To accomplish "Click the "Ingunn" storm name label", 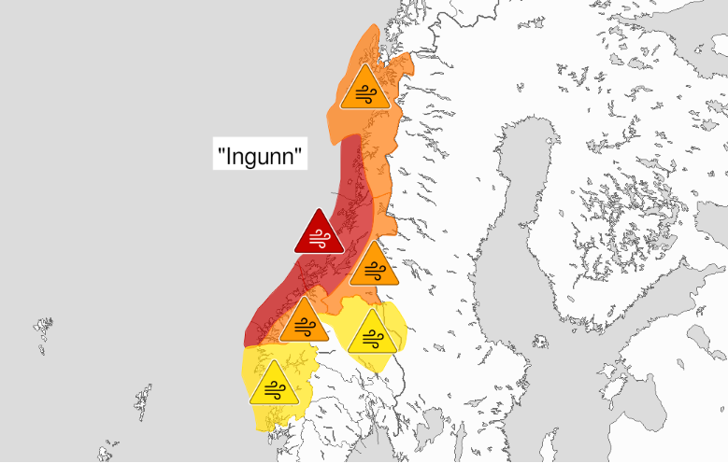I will pos(261,154).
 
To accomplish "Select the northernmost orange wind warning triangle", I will pos(364,90).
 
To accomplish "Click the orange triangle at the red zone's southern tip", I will pos(305,322).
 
